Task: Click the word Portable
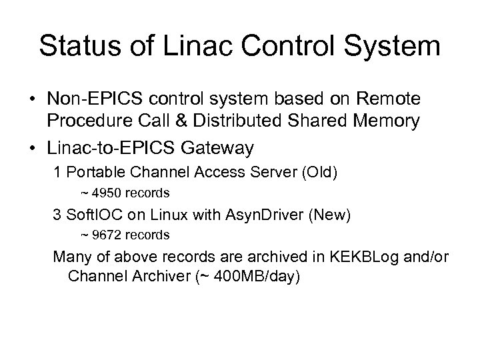(94, 171)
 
